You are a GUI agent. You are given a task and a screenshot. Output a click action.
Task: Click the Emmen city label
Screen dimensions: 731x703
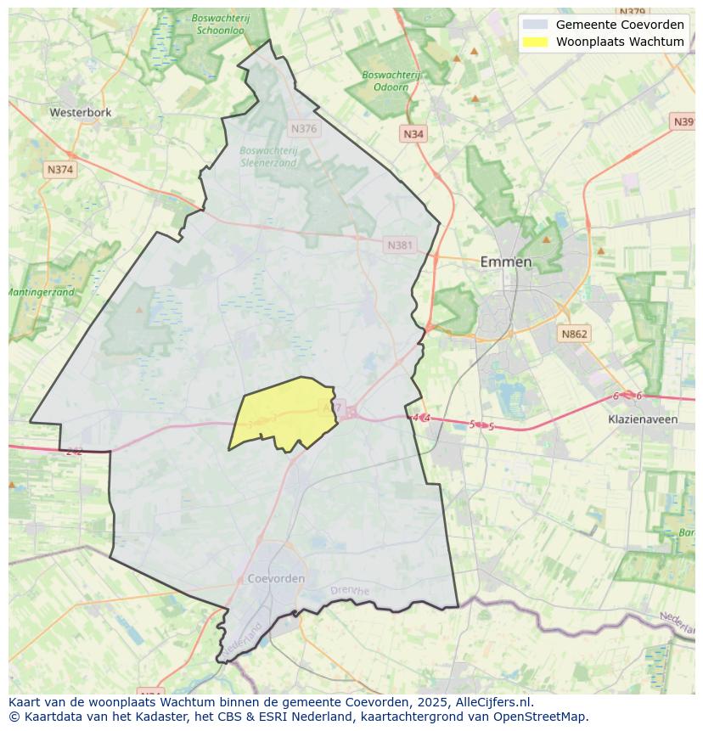[x=506, y=261]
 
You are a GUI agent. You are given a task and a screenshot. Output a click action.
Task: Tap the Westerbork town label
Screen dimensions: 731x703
[x=80, y=112]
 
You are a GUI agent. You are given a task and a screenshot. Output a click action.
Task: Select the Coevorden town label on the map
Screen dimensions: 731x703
[x=276, y=578]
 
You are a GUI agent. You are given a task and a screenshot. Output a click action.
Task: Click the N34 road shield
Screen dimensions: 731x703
[x=413, y=134]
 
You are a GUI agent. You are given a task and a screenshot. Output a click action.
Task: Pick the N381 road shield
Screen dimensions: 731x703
[x=400, y=245]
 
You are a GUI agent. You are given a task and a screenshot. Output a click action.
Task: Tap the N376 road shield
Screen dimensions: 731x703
[x=303, y=129]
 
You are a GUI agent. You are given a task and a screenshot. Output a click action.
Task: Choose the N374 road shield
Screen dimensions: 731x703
[x=60, y=170]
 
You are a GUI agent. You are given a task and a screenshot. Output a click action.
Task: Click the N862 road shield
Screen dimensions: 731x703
[x=574, y=335]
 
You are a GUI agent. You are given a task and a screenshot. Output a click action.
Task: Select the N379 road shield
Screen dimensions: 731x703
[x=633, y=12]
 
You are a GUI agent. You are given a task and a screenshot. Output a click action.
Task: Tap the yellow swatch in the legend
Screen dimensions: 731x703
[x=535, y=42]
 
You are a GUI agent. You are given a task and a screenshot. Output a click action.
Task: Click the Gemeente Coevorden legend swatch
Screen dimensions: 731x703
[x=535, y=25]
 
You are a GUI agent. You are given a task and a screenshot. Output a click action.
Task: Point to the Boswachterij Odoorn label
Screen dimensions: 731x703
[x=391, y=81]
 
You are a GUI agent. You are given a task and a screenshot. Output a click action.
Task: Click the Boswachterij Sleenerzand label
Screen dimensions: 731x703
[x=268, y=156]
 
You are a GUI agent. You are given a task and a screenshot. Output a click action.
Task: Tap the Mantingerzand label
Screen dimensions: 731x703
[x=41, y=292]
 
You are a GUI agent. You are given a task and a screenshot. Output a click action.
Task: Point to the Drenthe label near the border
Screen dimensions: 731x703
[x=350, y=590]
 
